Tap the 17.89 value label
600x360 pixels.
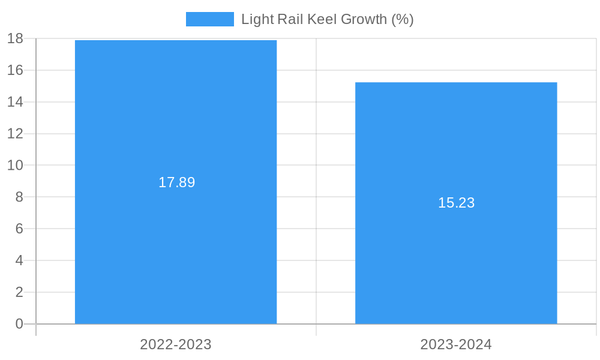pyautogui.click(x=176, y=182)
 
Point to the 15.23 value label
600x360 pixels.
pyautogui.click(x=456, y=203)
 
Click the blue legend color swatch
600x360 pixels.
pyautogui.click(x=209, y=19)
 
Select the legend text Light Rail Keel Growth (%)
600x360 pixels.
pyautogui.click(x=327, y=19)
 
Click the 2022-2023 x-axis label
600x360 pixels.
pyautogui.click(x=176, y=344)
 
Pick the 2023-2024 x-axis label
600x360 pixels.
pyautogui.click(x=456, y=344)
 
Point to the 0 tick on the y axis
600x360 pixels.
pyautogui.click(x=19, y=324)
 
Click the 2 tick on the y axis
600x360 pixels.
pyautogui.click(x=19, y=292)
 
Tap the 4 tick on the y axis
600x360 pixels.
pyautogui.click(x=19, y=260)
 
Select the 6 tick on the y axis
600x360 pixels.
pyautogui.click(x=19, y=229)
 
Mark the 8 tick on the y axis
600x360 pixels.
pyautogui.click(x=19, y=197)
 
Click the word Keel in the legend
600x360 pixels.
pyautogui.click(x=322, y=19)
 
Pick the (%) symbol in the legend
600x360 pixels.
pyautogui.click(x=402, y=19)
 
